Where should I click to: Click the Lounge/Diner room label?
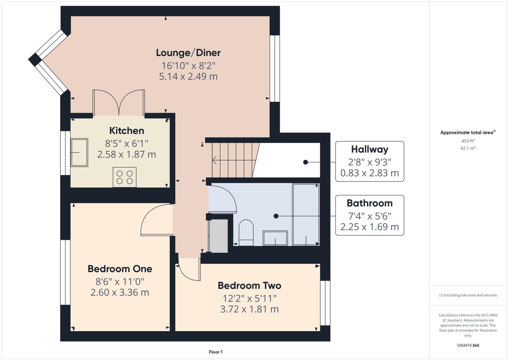pos(188,53)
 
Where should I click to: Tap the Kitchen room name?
pos(126,131)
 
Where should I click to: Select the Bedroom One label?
pos(120,269)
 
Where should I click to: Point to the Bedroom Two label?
pos(249,285)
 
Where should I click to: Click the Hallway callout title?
pos(370,149)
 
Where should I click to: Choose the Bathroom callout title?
pos(370,203)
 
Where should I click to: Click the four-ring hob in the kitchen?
pos(124,177)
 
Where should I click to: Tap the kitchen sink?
pos(79,152)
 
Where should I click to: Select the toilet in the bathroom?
pos(246,232)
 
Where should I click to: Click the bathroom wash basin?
pos(275,238)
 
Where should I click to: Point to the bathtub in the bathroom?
pos(306,214)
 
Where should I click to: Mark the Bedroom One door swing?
pos(154,221)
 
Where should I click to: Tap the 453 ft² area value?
pos(468,141)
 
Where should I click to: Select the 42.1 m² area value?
pos(468,148)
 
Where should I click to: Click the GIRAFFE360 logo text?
pos(468,345)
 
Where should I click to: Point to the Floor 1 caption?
pos(216,352)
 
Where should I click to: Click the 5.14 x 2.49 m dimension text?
pos(188,76)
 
